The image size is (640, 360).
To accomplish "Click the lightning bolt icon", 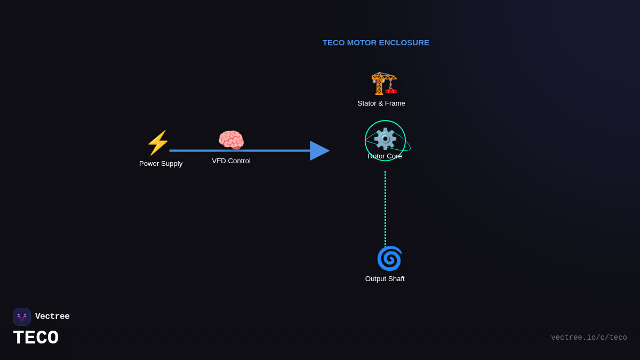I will pos(158,143).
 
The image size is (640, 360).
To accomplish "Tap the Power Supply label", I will pos(161,164).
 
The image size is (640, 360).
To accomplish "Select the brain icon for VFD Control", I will pos(231,141).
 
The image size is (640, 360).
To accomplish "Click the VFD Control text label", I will pos(231,161).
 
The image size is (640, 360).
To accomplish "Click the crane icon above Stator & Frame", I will pos(384,83).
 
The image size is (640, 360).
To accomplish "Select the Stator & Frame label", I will pos(381,103).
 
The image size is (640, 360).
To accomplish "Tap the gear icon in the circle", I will pos(385,139).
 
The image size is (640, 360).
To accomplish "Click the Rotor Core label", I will pos(385,156).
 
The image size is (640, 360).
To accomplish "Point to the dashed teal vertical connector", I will pos(385,208).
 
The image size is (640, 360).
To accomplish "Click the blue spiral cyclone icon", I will pos(389,259).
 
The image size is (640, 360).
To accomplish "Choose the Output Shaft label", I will pos(385,279).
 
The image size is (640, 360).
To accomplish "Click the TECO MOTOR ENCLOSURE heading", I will pos(375,43).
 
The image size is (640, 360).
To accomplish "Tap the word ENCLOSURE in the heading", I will pos(404,43).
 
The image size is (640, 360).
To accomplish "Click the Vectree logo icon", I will pos(22,317).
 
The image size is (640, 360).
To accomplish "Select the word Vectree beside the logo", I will pos(52,317).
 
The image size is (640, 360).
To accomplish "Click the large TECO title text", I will pos(36,338).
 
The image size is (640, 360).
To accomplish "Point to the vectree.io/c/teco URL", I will pos(589,338).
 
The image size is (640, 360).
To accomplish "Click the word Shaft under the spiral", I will pos(395,279).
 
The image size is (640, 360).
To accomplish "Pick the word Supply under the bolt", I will pos(171,164).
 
